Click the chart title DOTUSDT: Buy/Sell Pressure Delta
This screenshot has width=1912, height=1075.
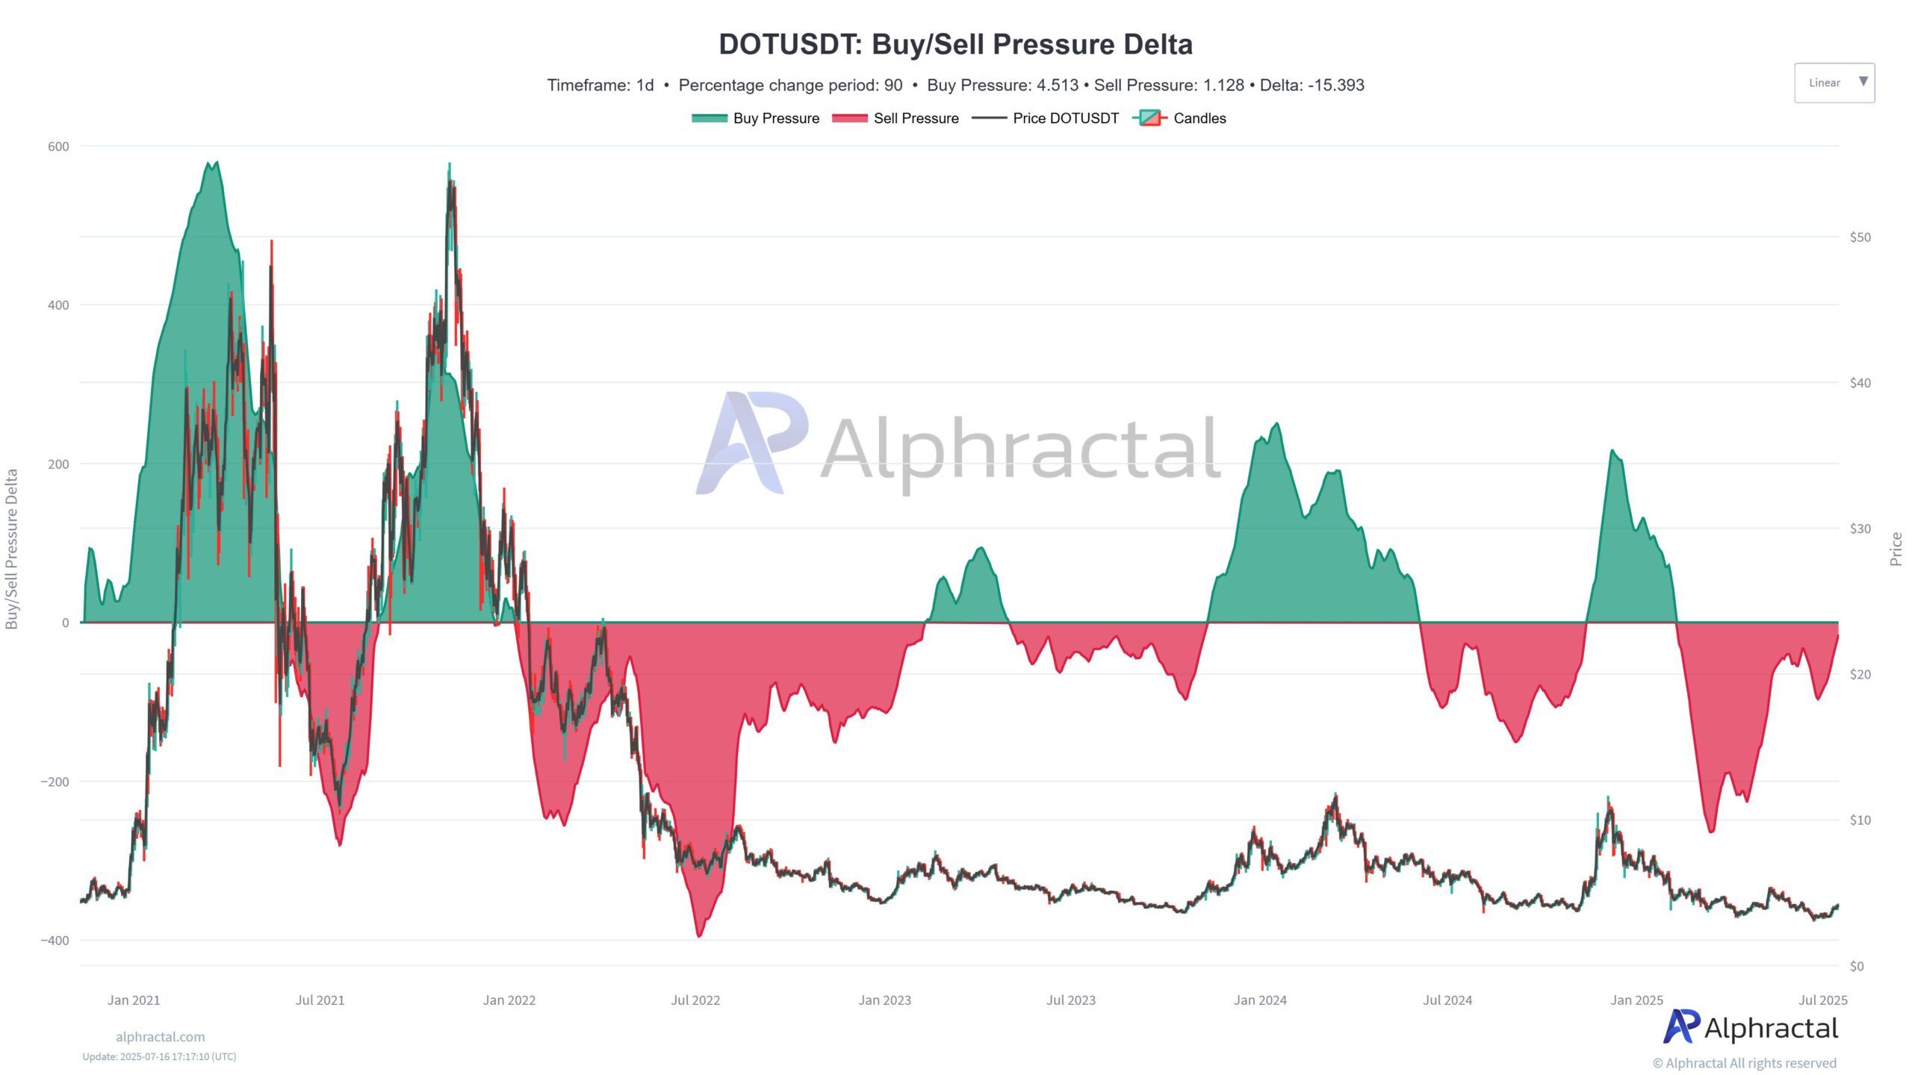coord(955,45)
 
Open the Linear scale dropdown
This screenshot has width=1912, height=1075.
coord(1834,83)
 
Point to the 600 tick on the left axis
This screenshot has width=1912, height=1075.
coord(58,146)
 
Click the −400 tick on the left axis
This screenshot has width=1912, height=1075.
coord(55,940)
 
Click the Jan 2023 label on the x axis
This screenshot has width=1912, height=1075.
coord(884,1000)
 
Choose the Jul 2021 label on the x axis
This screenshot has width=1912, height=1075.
coord(320,1000)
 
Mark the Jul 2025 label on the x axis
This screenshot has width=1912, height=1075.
coord(1822,1000)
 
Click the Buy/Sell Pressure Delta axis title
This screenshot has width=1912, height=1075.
coord(12,549)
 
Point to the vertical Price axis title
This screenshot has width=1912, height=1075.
coord(1896,549)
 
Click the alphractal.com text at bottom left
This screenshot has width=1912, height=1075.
coord(160,1037)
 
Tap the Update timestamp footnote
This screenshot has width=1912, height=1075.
coord(159,1057)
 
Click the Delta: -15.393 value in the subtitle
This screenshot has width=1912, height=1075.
coord(1312,85)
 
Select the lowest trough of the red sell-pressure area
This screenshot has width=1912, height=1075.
coord(699,935)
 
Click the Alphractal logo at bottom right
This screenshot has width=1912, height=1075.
coord(1750,1028)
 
